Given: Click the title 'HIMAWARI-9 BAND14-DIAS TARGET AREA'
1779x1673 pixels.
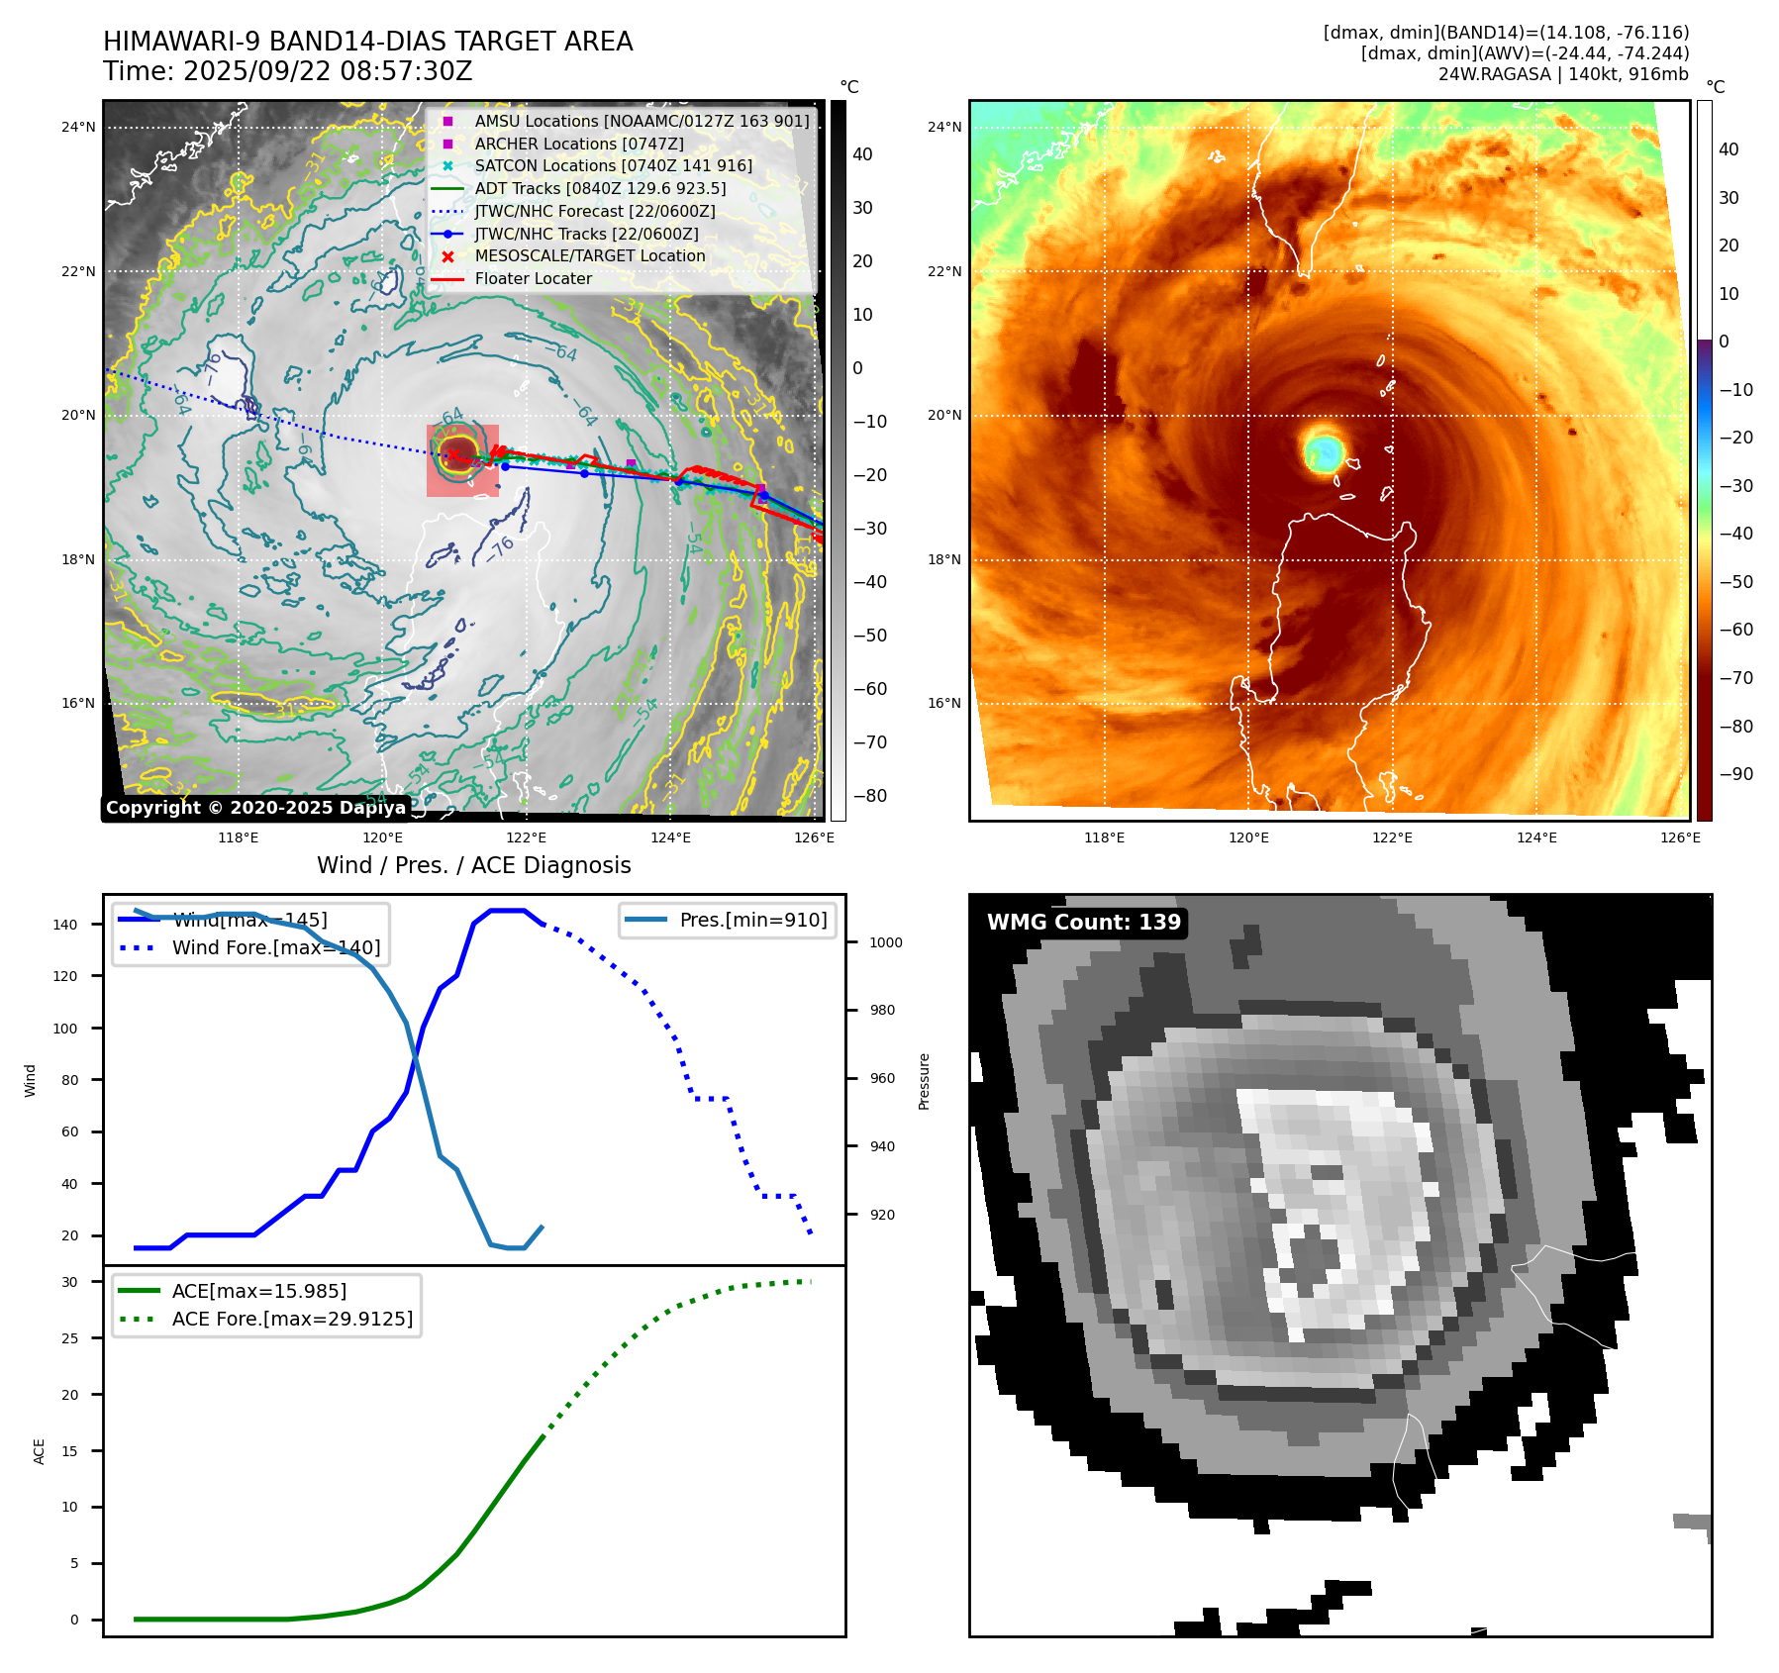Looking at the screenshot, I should coord(367,42).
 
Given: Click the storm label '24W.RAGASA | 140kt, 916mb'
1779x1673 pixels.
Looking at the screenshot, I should coord(1563,74).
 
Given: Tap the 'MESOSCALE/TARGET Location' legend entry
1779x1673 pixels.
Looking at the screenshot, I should coord(589,255).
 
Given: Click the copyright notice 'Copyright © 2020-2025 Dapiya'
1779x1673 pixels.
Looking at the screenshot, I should coord(255,808).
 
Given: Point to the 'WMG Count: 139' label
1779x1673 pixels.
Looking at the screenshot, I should coord(1083,923).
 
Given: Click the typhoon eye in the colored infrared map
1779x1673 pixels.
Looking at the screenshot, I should coord(1324,452).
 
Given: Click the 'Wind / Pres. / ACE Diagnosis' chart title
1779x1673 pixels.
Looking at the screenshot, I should coord(473,865).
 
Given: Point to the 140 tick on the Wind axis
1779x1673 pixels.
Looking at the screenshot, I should coord(65,925).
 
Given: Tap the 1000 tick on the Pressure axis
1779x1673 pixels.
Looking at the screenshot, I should coord(885,942).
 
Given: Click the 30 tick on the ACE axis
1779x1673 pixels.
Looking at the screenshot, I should coord(69,1282).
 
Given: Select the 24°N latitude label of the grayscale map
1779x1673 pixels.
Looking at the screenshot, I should coord(78,127).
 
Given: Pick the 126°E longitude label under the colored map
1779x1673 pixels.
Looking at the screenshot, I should coord(1680,837).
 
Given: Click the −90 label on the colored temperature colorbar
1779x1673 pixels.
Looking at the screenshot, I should coord(1735,774).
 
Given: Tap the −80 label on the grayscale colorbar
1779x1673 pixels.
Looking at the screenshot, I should coord(870,796).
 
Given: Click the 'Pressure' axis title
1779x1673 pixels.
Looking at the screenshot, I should coord(924,1081).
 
